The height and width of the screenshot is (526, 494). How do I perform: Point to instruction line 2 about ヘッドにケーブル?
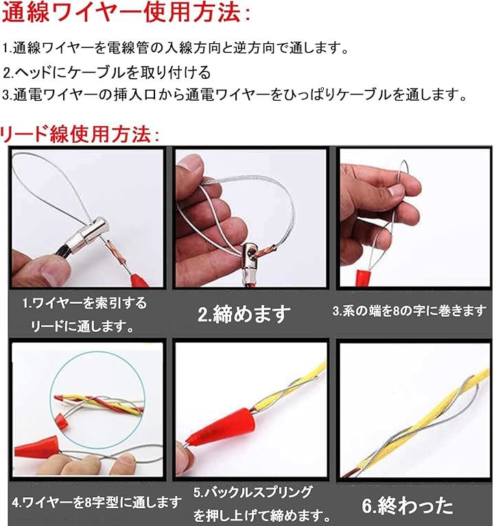(x=107, y=72)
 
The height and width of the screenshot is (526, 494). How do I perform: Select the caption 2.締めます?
(x=244, y=313)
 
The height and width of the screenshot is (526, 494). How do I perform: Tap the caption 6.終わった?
(x=408, y=506)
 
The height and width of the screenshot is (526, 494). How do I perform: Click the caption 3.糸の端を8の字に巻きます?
(x=410, y=311)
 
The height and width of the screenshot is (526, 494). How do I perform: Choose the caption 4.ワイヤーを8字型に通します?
(x=97, y=502)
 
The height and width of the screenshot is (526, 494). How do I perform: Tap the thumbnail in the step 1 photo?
(x=50, y=274)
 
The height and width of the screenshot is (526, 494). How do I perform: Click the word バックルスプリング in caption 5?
(x=259, y=492)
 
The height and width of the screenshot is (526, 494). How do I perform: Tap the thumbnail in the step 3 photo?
(x=396, y=191)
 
